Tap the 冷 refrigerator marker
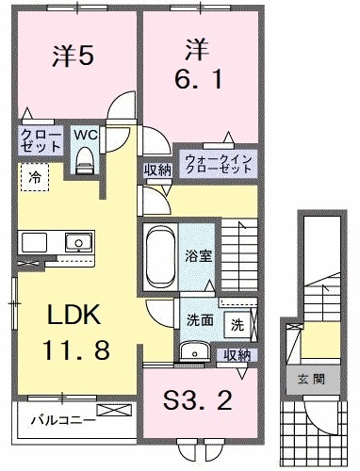pos(34,175)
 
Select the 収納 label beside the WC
pos(156,170)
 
